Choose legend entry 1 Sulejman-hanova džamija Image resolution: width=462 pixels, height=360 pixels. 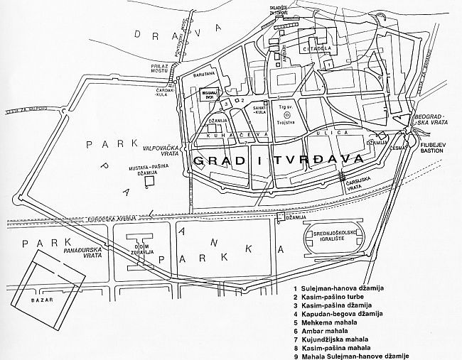click(338, 288)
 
